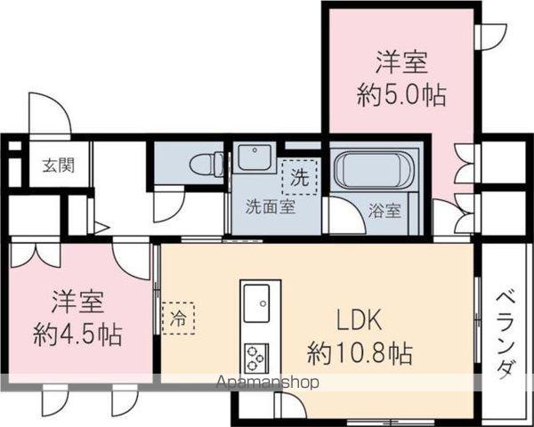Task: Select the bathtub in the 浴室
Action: point(373,168)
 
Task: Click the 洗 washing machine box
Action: point(297,174)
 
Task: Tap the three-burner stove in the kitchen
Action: point(257,357)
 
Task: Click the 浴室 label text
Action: point(384,212)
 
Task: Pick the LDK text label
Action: point(360,318)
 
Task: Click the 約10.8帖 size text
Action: point(359,353)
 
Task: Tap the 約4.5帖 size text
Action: point(77,335)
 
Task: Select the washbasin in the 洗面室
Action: point(253,161)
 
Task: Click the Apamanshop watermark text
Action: point(268,383)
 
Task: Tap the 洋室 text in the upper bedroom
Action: point(400,62)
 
